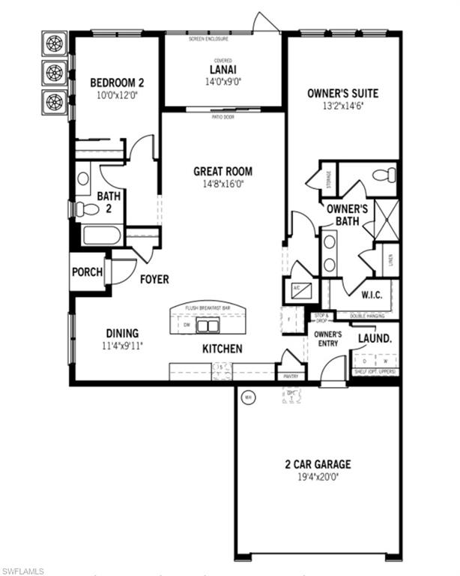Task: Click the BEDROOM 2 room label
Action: pos(116,82)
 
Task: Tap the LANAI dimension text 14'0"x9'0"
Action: pos(223,84)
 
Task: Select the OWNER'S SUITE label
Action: pos(342,94)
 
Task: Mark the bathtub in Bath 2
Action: pos(103,235)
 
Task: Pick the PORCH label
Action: pos(87,272)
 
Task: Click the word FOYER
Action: pos(154,279)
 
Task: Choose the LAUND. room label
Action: pos(375,338)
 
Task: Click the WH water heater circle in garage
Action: pos(249,397)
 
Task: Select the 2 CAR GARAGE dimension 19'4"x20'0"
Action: pos(318,476)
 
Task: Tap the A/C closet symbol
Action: pos(297,290)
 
